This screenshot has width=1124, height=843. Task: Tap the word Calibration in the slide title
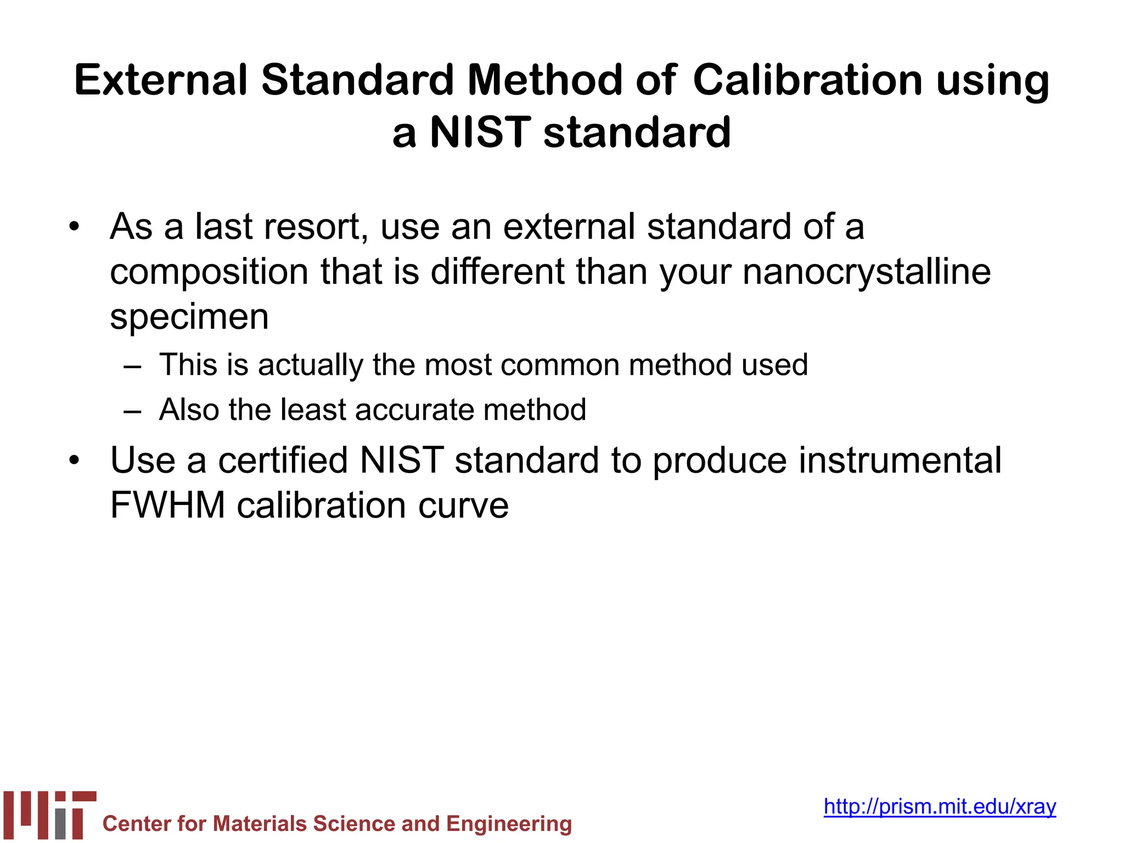807,80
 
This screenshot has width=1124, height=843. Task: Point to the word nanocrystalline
867,272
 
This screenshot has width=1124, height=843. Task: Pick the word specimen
189,317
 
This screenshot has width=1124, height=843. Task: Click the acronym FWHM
168,505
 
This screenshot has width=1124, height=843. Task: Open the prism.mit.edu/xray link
940,806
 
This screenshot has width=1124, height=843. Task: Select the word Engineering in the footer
509,824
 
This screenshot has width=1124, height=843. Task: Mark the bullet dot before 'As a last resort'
74,227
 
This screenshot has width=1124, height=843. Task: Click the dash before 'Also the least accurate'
133,411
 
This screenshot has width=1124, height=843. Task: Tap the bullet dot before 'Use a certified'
74,460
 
